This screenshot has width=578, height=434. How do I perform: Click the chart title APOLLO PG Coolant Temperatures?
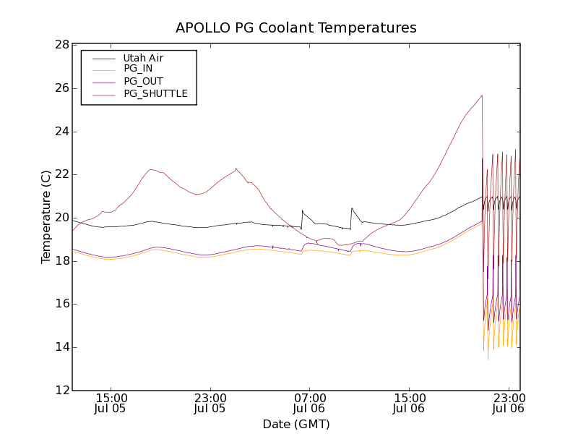296,28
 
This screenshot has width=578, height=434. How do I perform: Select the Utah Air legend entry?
143,58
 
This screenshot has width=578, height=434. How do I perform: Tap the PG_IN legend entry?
138,69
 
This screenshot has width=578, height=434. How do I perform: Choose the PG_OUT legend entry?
143,82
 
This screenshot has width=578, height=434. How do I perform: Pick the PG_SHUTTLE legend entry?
155,93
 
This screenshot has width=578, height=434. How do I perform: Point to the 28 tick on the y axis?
61,45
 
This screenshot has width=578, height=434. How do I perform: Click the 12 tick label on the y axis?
61,391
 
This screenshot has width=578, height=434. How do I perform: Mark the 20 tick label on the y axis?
61,218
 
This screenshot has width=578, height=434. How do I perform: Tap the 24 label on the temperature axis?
61,132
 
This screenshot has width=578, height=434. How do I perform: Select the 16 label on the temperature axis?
61,304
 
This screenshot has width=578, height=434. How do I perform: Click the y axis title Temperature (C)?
46,217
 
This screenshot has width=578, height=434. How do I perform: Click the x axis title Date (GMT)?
296,424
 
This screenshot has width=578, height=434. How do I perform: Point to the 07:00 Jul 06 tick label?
310,403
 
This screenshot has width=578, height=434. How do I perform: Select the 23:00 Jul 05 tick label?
210,403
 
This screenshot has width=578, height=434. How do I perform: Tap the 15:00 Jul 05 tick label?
111,403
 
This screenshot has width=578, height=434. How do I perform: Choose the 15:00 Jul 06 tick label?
409,403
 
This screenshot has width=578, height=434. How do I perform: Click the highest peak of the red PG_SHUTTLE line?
482,95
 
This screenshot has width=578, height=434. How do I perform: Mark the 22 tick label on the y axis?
61,174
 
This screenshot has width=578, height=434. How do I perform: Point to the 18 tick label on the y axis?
61,261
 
